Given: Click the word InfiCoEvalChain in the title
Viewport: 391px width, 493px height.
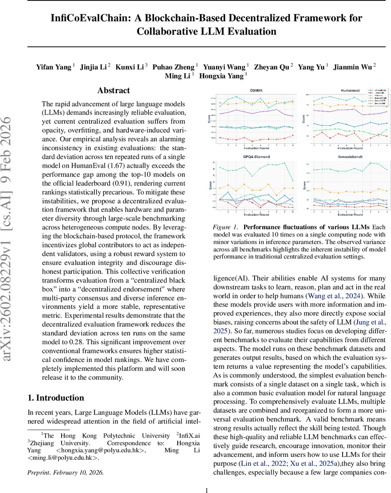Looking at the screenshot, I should point(92,18).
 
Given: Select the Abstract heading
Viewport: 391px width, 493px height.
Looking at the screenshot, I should point(114,91).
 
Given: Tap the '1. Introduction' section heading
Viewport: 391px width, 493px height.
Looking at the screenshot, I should point(56,398).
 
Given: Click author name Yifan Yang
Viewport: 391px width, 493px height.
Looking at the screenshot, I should point(53,67).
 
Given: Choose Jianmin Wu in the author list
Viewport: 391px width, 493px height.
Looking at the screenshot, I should point(352,67).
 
